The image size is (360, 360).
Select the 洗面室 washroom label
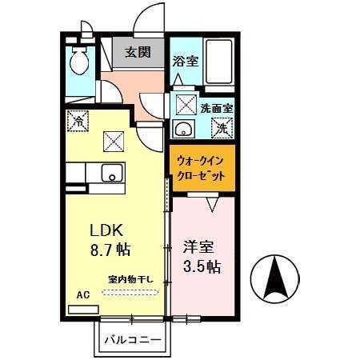coord(216,107)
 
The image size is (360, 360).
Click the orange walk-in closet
coord(202,168)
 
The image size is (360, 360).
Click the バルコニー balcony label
coord(133,339)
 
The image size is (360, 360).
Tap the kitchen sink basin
coord(111,172)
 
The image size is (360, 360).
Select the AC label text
coord(82,294)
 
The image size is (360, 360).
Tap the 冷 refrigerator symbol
coord(78,122)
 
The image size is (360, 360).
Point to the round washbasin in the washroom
coord(181,130)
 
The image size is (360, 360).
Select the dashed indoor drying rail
coord(131,292)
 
